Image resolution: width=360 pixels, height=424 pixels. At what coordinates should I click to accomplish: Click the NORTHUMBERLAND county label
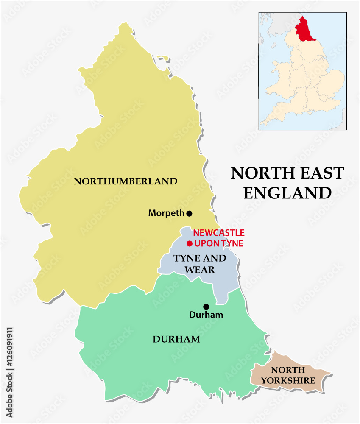point(126,181)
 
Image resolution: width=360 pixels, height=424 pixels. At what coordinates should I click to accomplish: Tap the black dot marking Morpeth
point(189,213)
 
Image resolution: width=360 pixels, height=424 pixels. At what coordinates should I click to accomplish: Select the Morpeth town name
point(166,214)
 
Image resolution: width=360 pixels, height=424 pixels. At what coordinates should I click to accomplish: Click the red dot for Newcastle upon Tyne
point(190,243)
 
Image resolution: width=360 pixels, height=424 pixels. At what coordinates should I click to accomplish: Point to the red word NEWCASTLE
point(219,233)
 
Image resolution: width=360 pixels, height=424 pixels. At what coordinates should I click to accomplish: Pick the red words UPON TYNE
point(219,243)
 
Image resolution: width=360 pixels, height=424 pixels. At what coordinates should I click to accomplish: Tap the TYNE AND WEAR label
point(200,264)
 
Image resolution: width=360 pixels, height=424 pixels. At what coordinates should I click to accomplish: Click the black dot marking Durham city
point(206,307)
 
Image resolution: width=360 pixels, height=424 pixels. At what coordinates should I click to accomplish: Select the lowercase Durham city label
point(206,315)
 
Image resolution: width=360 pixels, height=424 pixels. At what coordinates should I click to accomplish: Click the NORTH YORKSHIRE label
point(288,375)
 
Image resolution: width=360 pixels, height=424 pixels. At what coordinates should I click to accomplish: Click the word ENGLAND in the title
point(287,193)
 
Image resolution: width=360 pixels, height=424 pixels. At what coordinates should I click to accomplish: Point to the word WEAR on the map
point(200,269)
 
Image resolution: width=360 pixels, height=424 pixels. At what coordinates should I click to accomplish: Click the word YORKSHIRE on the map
point(288,380)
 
